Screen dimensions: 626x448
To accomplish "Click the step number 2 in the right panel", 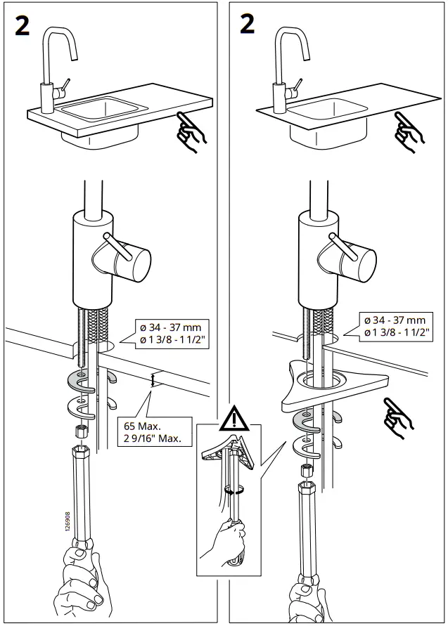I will (x=247, y=25).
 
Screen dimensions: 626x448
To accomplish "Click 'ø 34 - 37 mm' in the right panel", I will (x=395, y=320).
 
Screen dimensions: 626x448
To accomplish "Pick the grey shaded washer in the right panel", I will (x=309, y=420).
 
